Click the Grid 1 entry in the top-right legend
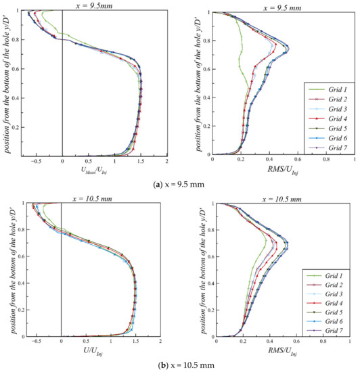[x=331, y=89]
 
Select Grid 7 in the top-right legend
[x=331, y=146]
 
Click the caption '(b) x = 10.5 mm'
[x=179, y=365]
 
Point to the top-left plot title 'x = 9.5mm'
[x=89, y=5]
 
